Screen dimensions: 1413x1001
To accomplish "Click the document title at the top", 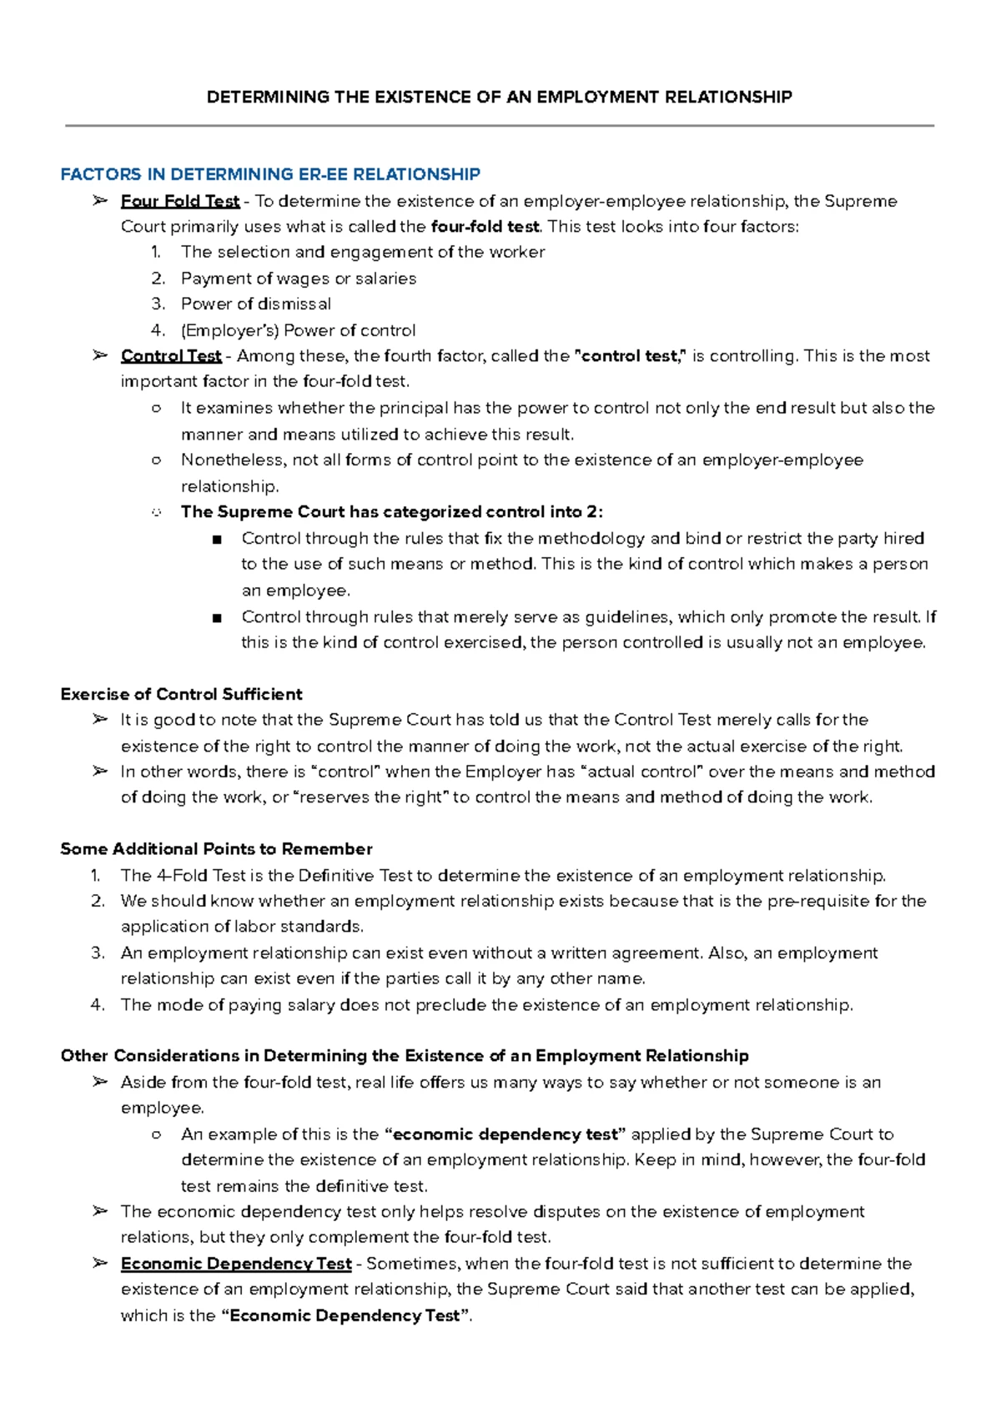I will [499, 98].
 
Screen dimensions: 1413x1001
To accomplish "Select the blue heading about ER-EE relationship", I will [270, 174].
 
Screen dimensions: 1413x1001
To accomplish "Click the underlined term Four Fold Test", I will [180, 201].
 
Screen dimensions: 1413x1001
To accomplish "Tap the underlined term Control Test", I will [171, 356].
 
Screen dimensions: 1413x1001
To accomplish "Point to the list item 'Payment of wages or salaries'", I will [299, 279].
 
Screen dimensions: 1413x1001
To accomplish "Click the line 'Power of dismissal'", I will [256, 304].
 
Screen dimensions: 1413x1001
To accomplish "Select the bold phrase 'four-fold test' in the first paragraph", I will [485, 227].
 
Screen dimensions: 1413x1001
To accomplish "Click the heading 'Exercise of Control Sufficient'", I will [181, 694].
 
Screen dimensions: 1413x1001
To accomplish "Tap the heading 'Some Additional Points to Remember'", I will [216, 849].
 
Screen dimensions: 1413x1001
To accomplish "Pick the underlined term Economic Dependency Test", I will [236, 1264].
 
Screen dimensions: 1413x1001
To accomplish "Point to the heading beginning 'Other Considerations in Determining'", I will [405, 1056].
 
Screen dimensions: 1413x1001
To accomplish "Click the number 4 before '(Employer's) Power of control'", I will [158, 331].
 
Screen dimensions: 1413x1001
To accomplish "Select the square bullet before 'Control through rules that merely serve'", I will [218, 618].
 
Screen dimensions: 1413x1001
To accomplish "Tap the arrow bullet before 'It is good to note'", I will [100, 719].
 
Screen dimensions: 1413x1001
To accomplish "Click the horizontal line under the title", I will [499, 126].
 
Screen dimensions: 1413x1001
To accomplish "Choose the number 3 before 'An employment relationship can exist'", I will [97, 953].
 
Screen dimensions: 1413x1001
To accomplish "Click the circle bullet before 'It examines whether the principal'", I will [156, 409].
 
